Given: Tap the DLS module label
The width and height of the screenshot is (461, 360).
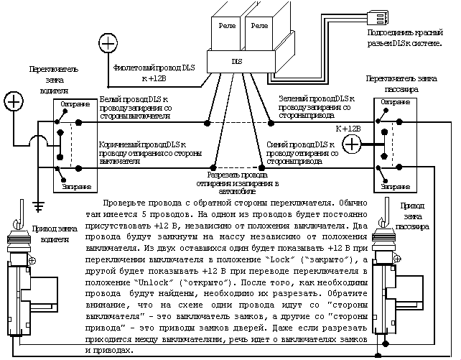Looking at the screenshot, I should (x=236, y=62).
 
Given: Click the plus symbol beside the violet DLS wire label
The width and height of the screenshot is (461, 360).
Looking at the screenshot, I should (x=107, y=44).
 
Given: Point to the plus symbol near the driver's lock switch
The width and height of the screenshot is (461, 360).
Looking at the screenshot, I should (x=14, y=101).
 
